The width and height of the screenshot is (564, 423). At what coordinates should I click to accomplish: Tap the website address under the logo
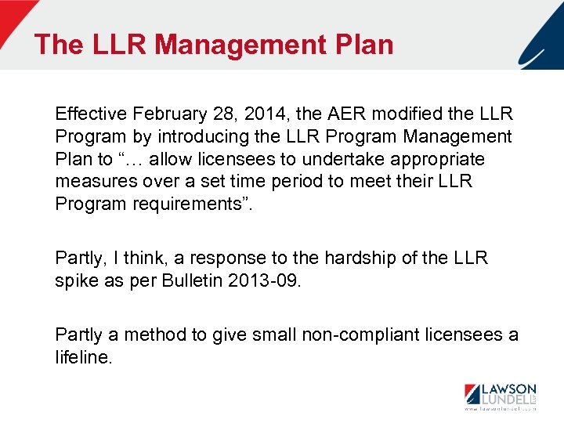500,409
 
